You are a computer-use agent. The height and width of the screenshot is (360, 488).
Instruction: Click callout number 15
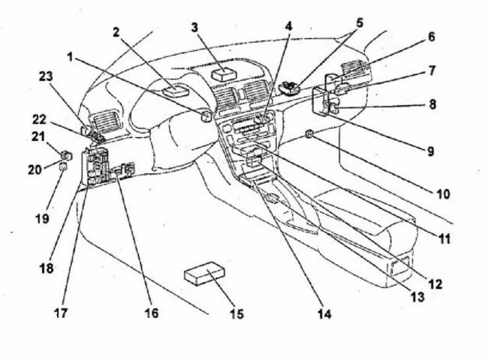[236, 313]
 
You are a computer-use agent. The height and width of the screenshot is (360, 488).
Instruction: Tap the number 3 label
[194, 28]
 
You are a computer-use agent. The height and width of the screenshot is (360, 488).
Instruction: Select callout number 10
[443, 193]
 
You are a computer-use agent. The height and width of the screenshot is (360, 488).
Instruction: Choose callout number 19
[41, 218]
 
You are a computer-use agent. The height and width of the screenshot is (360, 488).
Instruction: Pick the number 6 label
[432, 36]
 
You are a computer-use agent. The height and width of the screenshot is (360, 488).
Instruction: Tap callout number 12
[435, 284]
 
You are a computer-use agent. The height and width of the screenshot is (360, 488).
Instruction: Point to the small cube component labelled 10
[310, 134]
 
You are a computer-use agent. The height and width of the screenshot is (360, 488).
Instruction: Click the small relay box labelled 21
[66, 155]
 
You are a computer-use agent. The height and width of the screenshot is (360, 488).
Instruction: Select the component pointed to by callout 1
[204, 116]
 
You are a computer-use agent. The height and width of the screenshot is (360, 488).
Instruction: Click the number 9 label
[431, 151]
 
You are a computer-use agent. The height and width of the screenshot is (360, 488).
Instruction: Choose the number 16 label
[152, 313]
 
